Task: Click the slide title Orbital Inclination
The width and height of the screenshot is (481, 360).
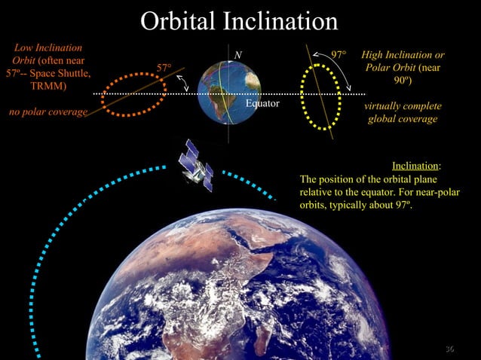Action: point(240,20)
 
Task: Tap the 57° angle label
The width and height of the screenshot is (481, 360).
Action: point(164,69)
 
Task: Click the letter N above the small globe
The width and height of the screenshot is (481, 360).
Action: point(237,54)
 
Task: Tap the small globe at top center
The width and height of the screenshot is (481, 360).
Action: point(229,93)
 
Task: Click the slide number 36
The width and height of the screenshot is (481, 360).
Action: point(450,348)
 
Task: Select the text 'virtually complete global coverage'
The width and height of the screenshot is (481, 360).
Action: point(403,112)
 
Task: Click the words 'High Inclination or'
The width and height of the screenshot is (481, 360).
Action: point(403,55)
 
